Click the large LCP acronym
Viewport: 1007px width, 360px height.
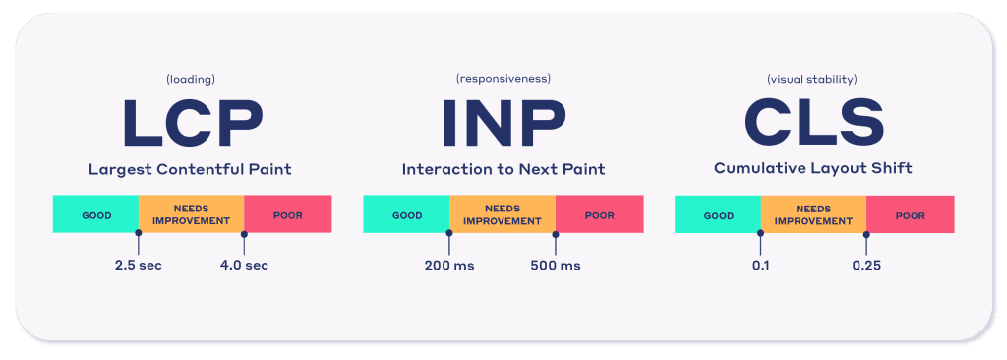[192, 122]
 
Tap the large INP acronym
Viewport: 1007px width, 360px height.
[503, 122]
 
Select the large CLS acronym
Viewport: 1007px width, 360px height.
[813, 122]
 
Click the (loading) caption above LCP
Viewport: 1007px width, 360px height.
[190, 80]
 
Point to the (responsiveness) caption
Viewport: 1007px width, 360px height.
[503, 79]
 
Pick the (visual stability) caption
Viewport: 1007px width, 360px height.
[812, 80]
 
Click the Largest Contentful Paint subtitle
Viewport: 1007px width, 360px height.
[190, 170]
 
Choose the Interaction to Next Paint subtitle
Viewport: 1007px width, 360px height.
[503, 170]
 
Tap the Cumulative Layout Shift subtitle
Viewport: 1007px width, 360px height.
[813, 169]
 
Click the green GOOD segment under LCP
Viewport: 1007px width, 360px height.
[95, 214]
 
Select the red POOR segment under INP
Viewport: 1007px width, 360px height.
[599, 214]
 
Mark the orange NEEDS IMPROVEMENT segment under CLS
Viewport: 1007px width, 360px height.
[813, 214]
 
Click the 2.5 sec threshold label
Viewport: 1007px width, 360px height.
[138, 265]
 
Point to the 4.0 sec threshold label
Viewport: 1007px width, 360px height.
[244, 265]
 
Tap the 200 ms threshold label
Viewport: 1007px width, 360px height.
[449, 265]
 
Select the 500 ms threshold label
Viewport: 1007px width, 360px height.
[556, 265]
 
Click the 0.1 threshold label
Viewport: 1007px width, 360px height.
[760, 265]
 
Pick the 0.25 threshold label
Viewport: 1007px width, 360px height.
[866, 265]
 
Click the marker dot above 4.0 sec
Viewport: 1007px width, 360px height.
[244, 234]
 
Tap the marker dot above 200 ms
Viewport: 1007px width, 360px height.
[449, 234]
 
